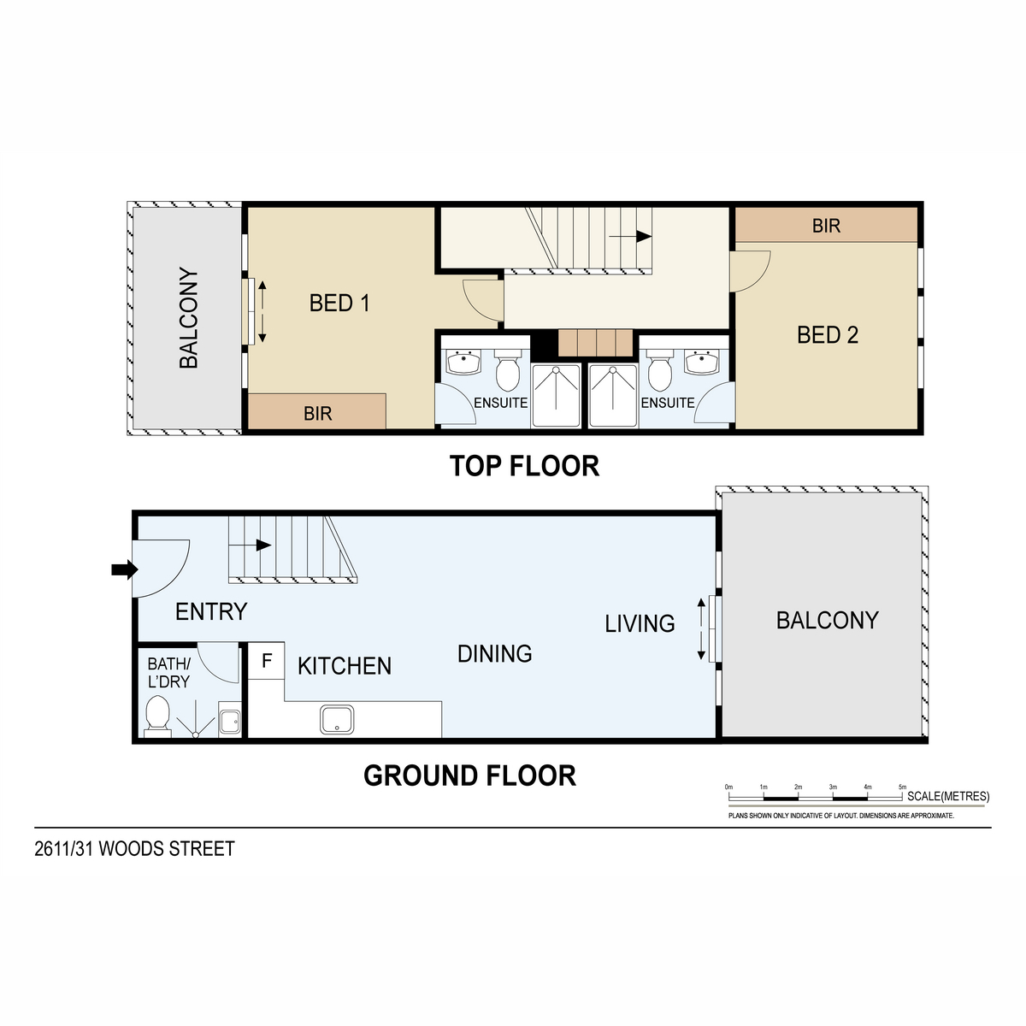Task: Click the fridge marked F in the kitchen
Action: [266, 661]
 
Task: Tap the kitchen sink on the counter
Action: [337, 720]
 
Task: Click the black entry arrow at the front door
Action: [125, 569]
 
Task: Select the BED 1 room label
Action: [339, 303]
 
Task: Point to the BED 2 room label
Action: [828, 335]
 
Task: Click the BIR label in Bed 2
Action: [826, 226]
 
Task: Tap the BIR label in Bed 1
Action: [317, 414]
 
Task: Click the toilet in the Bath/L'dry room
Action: [157, 716]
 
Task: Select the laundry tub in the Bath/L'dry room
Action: [230, 719]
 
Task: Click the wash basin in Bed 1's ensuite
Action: [463, 362]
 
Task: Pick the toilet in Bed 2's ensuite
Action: [660, 370]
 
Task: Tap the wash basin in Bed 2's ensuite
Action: [702, 362]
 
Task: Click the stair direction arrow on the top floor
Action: [630, 236]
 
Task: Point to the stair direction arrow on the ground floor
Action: [251, 545]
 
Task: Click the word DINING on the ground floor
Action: [495, 654]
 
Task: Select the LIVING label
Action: [640, 623]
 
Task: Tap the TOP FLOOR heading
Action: [524, 466]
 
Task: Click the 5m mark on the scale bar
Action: [902, 787]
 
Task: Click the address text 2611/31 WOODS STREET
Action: [135, 849]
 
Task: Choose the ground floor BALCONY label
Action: [827, 620]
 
